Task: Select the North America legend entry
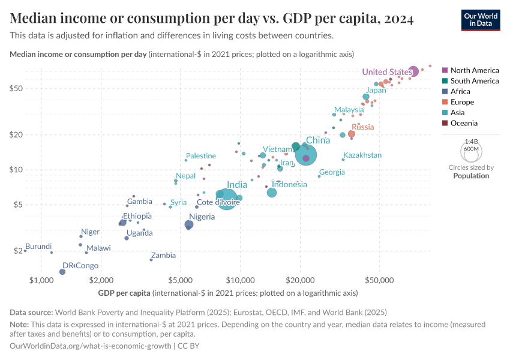474,70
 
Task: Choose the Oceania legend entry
464,123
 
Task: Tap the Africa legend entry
460,91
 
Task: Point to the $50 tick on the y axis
31,88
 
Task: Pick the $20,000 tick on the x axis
301,280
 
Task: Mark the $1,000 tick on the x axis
42,280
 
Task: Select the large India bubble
226,198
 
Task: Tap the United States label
387,72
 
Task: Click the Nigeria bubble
190,224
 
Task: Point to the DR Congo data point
62,272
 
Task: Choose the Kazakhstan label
362,155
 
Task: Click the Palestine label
205,156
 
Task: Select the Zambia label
164,256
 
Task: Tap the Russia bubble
352,134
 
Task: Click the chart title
212,19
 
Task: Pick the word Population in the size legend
471,176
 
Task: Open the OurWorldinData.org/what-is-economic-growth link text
91,346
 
